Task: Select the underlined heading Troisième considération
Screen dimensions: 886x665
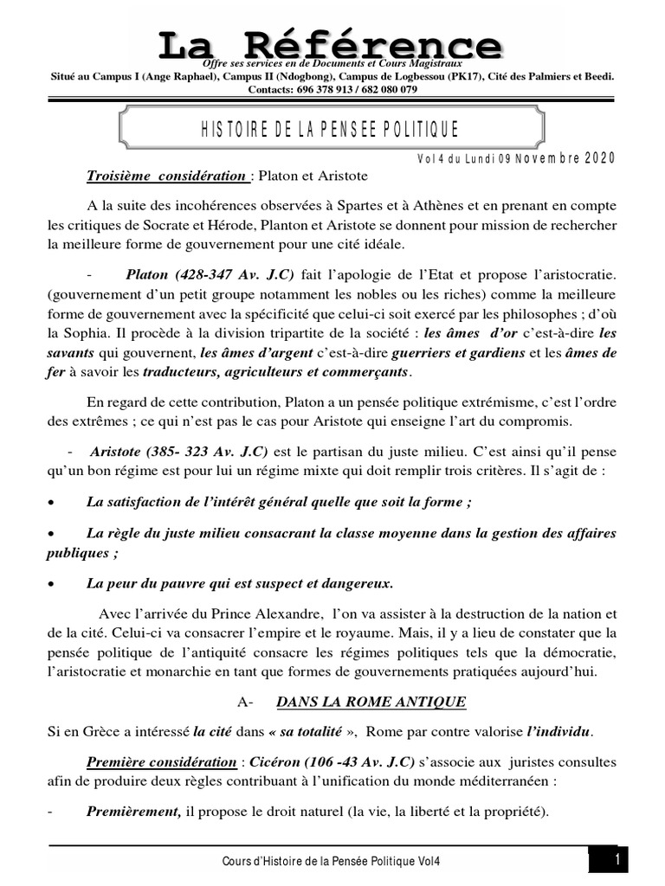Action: click(165, 177)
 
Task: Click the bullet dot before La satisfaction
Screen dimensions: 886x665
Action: click(54, 503)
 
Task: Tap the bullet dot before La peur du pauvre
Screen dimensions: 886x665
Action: click(54, 583)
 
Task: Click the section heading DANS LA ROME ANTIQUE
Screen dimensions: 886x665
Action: click(371, 702)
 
